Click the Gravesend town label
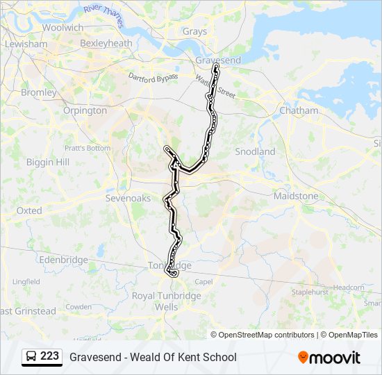(218, 60)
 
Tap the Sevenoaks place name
(128, 198)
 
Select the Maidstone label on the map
(296, 196)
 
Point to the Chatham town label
(299, 110)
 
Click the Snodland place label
(255, 151)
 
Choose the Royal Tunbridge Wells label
(167, 301)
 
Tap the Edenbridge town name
(64, 260)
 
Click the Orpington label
(85, 110)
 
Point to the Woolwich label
(63, 27)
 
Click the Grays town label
(194, 31)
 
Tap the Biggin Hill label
(47, 162)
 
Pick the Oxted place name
(29, 210)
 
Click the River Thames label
(103, 16)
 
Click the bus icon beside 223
(31, 357)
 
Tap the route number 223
(49, 356)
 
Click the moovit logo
(329, 358)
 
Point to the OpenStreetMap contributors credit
(267, 335)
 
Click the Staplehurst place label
(308, 292)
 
